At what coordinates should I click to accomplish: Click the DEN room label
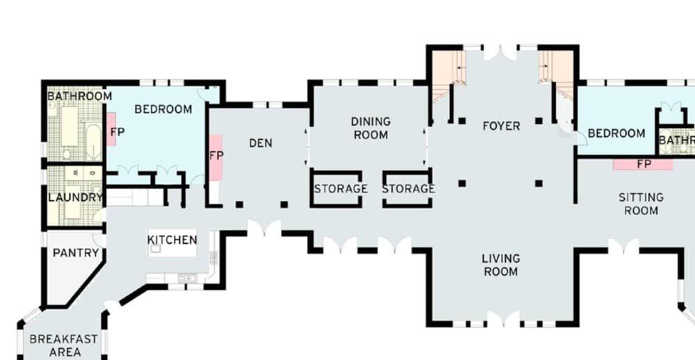pos(261,143)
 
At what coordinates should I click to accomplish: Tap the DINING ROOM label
pos(371,128)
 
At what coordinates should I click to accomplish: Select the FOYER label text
pos(501,126)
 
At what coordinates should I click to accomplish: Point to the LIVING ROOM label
pos(500,265)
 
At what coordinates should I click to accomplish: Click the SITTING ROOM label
pos(641,204)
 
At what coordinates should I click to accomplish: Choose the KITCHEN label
pos(172,240)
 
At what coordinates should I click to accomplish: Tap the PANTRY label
pos(76,253)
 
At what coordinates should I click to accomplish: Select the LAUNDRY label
pos(75,197)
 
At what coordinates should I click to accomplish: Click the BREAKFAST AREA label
pos(63,345)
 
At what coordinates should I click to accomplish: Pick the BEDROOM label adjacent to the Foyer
pos(616,133)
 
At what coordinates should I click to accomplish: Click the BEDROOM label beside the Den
pos(163,109)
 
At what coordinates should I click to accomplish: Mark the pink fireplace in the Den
pos(215,157)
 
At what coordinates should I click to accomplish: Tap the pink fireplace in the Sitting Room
pos(643,165)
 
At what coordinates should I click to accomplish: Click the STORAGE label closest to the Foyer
pos(408,188)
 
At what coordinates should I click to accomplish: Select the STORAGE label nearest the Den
pos(341,188)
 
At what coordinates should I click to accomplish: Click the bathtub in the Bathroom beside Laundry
pos(92,142)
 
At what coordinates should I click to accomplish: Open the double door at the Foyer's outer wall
pos(500,51)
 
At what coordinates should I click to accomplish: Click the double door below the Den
pos(265,229)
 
